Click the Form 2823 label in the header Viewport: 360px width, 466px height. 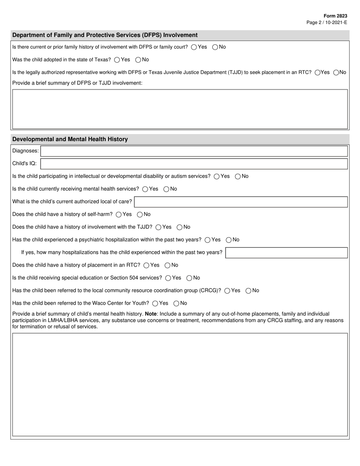(335, 16)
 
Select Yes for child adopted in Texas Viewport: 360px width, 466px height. (117, 60)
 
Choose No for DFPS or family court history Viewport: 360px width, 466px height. (215, 47)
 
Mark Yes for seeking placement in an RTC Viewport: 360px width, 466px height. (318, 73)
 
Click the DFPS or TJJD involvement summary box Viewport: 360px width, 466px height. (180, 109)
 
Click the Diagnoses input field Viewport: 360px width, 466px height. (194, 151)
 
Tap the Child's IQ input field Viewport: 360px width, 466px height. (194, 164)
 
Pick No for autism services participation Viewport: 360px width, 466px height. (238, 177)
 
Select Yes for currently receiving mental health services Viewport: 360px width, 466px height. (145, 189)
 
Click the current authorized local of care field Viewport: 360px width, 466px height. (241, 202)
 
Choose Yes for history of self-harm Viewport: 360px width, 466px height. (119, 214)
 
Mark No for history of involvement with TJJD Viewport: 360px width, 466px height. (180, 227)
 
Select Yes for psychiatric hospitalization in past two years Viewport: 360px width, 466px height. (207, 240)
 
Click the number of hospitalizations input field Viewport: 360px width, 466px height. (286, 253)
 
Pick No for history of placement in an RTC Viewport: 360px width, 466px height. (167, 265)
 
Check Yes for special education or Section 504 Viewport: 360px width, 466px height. (168, 278)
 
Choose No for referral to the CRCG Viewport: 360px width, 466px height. (249, 291)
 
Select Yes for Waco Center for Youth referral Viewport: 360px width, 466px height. (155, 303)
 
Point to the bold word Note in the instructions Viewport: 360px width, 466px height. (151, 314)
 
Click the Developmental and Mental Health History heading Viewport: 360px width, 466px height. (70, 139)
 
